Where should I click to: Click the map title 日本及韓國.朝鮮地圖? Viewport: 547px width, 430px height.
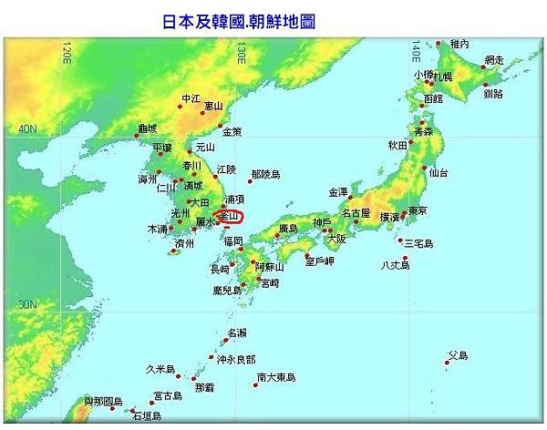[x=238, y=19]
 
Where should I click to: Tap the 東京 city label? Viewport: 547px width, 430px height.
[x=418, y=210]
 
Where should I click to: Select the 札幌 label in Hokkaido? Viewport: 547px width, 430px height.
[x=443, y=76]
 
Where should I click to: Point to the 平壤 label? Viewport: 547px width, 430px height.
[x=161, y=147]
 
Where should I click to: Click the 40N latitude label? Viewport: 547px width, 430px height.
[x=27, y=129]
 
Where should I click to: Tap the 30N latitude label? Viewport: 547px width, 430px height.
[x=27, y=304]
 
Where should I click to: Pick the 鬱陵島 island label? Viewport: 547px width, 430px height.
[x=265, y=173]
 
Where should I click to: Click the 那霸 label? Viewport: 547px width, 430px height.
[x=204, y=387]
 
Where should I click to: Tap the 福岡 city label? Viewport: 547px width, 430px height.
[x=232, y=241]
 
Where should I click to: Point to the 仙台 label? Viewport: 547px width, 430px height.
[x=439, y=171]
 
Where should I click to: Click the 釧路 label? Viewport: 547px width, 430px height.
[x=492, y=93]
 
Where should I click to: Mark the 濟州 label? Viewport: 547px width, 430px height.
[x=185, y=243]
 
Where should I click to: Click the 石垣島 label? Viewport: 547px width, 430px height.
[x=147, y=416]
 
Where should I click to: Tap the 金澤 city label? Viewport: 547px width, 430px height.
[x=338, y=192]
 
